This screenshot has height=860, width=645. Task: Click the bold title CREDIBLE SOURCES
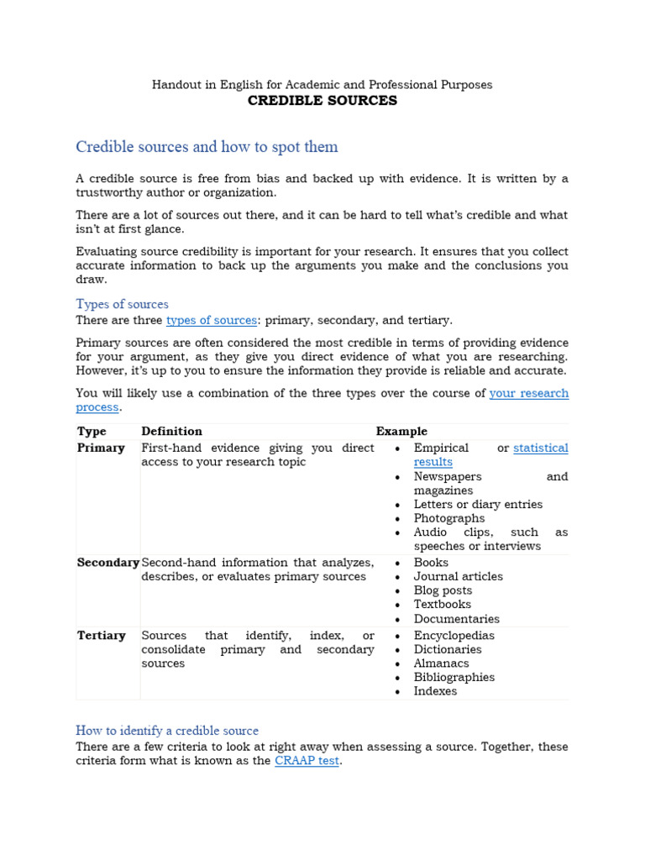[322, 101]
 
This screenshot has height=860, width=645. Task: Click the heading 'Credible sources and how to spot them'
[207, 147]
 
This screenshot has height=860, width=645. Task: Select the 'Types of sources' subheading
[122, 304]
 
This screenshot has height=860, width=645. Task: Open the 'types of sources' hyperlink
[212, 320]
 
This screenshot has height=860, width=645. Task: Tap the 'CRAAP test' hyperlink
[307, 761]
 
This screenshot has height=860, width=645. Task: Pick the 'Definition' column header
[171, 431]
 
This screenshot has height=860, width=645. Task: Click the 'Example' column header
[401, 431]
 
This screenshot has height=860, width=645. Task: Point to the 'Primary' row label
[101, 448]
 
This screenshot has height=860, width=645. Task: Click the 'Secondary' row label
[107, 563]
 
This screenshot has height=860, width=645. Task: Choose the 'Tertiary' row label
[101, 636]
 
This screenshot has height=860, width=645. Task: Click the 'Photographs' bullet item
[449, 518]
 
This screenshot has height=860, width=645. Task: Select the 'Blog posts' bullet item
[443, 590]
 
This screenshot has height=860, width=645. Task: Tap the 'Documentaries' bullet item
[456, 619]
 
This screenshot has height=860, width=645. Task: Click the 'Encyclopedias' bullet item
[454, 636]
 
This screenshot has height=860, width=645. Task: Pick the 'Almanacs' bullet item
[442, 663]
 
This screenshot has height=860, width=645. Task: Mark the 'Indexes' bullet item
[435, 691]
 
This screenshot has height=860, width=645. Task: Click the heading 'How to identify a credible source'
[167, 731]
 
